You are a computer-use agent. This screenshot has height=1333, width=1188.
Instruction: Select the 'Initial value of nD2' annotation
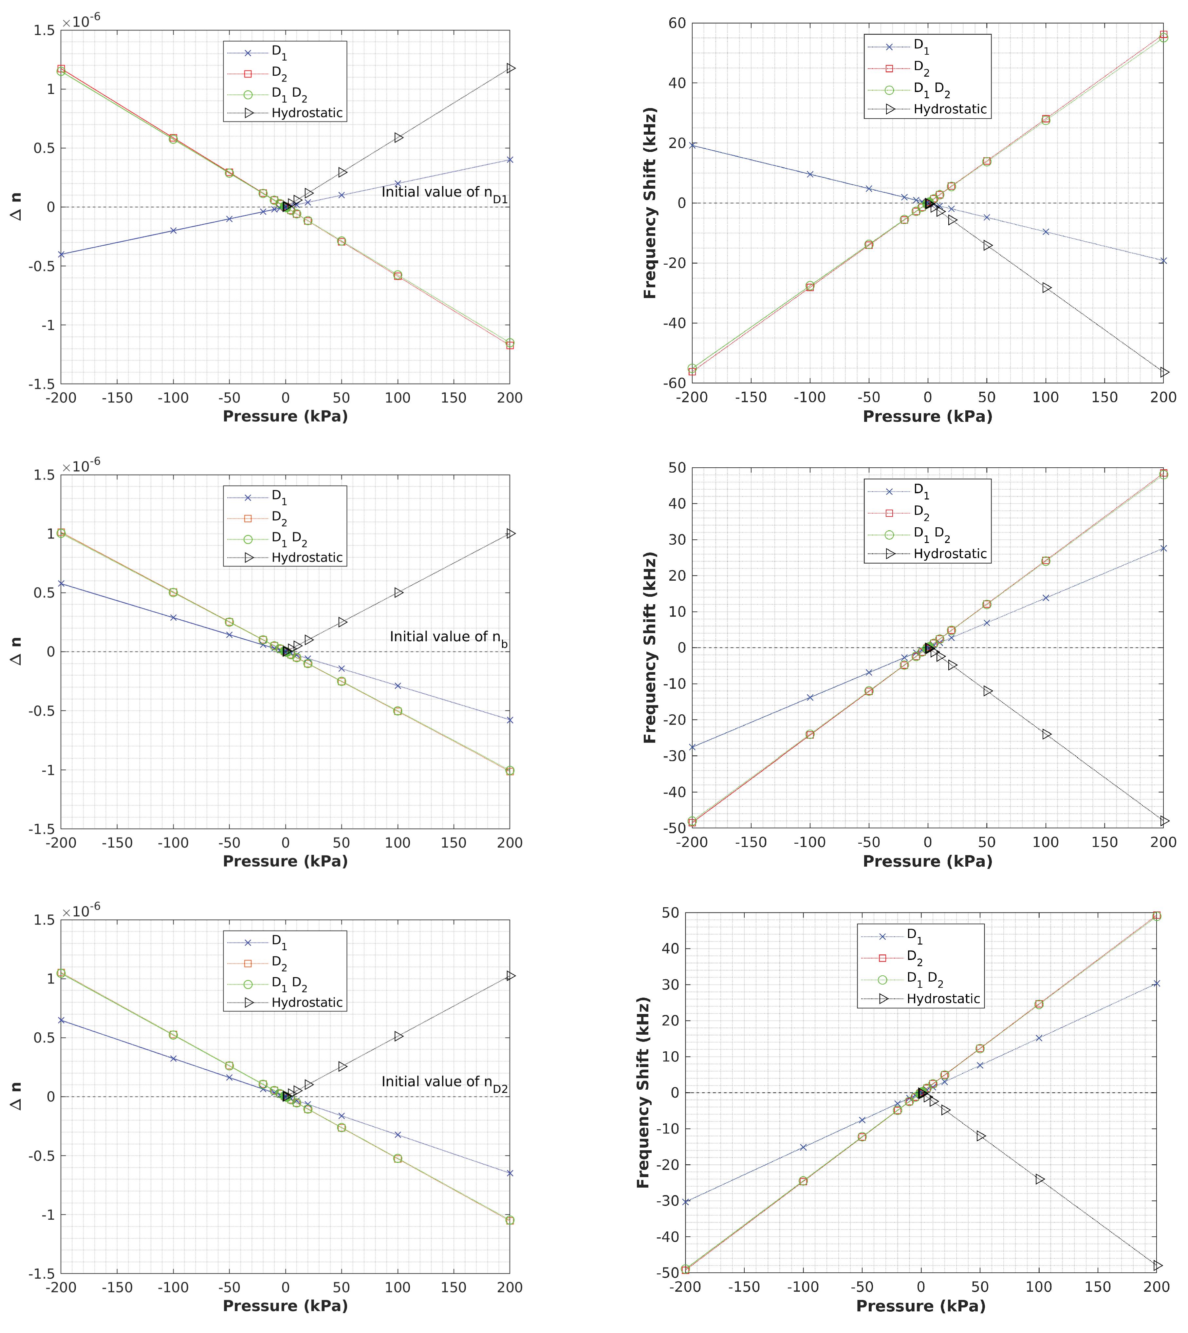pos(445,1082)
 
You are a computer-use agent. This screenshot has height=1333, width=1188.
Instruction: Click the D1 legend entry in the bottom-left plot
pos(279,942)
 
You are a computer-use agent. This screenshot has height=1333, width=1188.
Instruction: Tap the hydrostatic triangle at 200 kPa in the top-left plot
pos(510,68)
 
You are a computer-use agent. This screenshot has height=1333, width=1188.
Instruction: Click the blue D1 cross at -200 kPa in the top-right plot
pos(692,145)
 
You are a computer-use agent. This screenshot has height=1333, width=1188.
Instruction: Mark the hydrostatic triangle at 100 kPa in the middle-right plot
pos(1046,734)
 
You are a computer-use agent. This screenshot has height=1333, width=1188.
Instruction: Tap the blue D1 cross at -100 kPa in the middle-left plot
pos(173,617)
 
